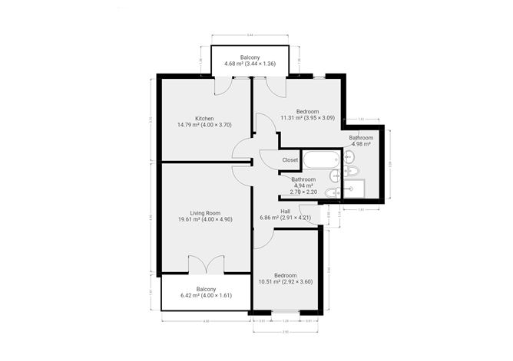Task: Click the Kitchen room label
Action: pos(204,118)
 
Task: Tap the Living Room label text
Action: pos(205,213)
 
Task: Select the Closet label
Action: pos(290,160)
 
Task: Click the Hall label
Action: pos(285,211)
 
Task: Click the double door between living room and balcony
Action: pos(205,265)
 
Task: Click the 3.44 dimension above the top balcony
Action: pos(250,35)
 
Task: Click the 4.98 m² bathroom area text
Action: pos(361,144)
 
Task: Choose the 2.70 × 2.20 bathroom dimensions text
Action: pos(303,192)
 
